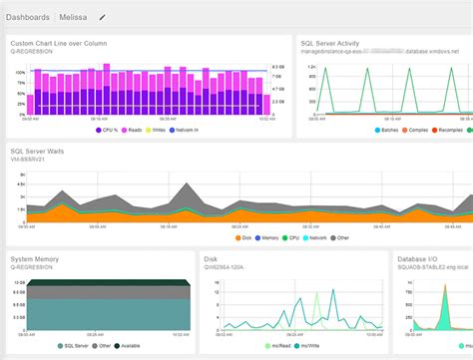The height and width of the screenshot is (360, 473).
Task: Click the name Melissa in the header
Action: coord(73,17)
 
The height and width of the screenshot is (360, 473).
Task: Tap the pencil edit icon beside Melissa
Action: coord(102,17)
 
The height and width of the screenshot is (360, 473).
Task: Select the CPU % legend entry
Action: coord(110,130)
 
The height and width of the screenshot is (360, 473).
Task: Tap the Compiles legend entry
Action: coord(399,130)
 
